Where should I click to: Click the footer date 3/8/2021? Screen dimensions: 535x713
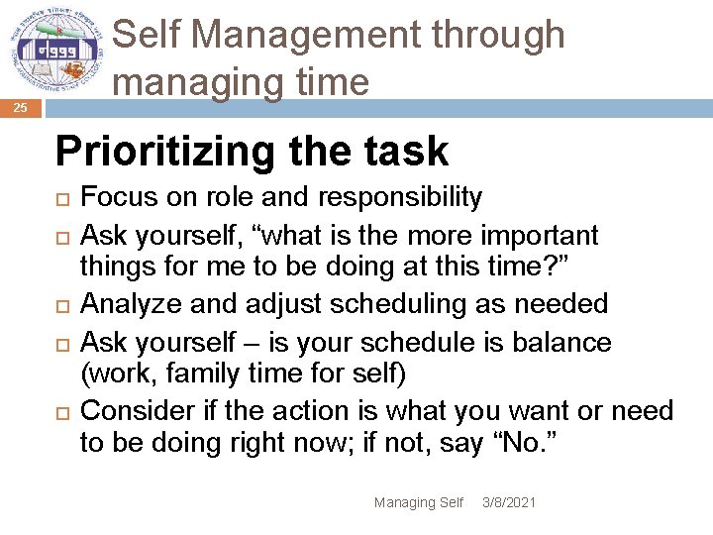[508, 503]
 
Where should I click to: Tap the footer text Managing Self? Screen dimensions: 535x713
[418, 503]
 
